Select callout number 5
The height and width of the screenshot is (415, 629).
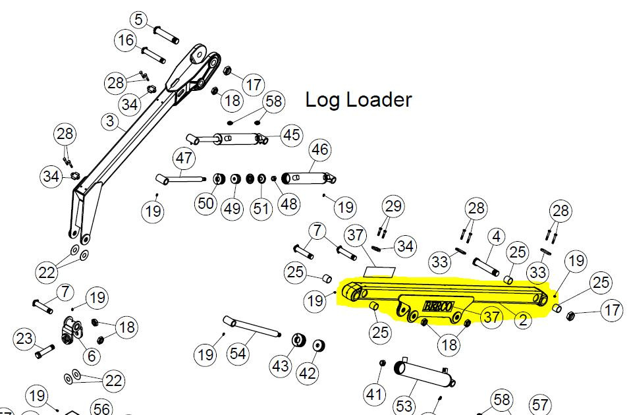(138, 20)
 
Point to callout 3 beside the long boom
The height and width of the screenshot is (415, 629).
(110, 122)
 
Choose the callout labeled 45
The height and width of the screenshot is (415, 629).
(290, 135)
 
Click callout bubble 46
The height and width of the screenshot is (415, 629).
(320, 150)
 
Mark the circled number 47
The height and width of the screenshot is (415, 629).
(184, 159)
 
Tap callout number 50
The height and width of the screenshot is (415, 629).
(206, 203)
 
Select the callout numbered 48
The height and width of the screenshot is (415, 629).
(288, 204)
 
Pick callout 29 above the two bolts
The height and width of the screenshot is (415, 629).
(393, 206)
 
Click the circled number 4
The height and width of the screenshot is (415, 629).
(496, 236)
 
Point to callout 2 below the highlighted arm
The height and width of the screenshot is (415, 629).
(522, 321)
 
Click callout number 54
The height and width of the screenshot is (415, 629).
(238, 354)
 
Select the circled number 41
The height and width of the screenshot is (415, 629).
(375, 395)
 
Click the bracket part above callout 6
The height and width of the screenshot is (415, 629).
(72, 328)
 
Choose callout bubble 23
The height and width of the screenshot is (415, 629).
(24, 339)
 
